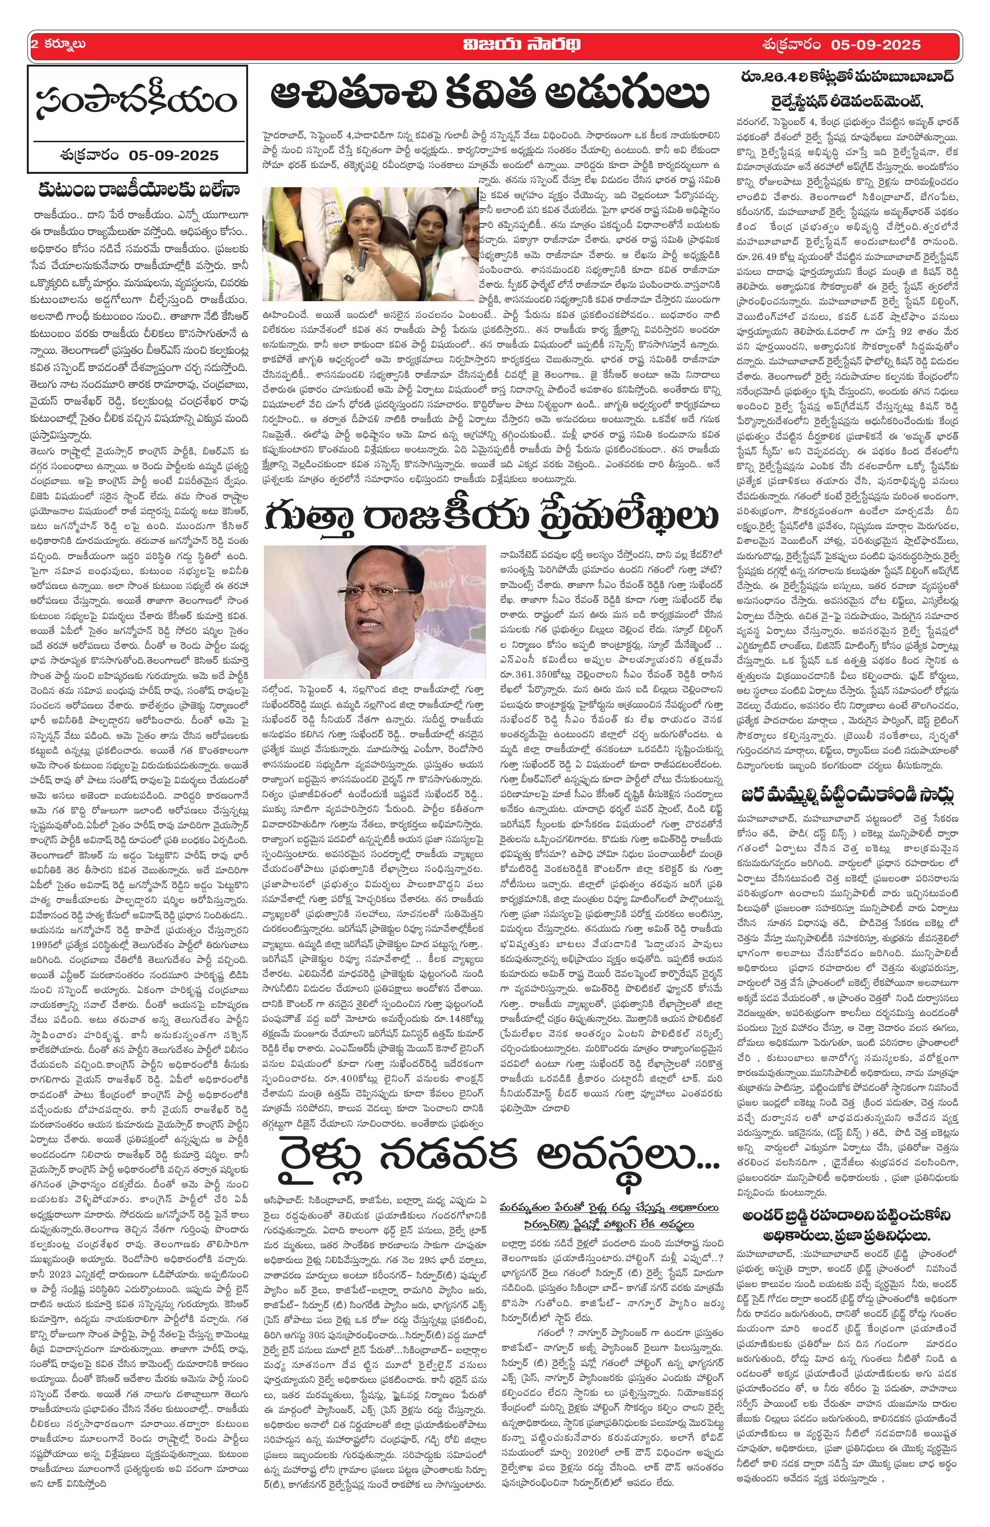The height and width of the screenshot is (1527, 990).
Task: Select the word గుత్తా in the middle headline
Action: point(321,515)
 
